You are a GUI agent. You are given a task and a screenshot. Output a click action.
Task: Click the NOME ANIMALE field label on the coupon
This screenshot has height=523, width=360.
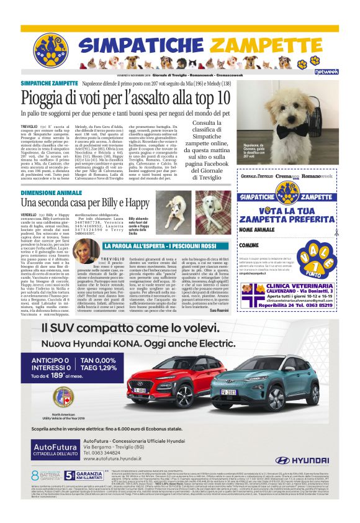click(259, 230)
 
